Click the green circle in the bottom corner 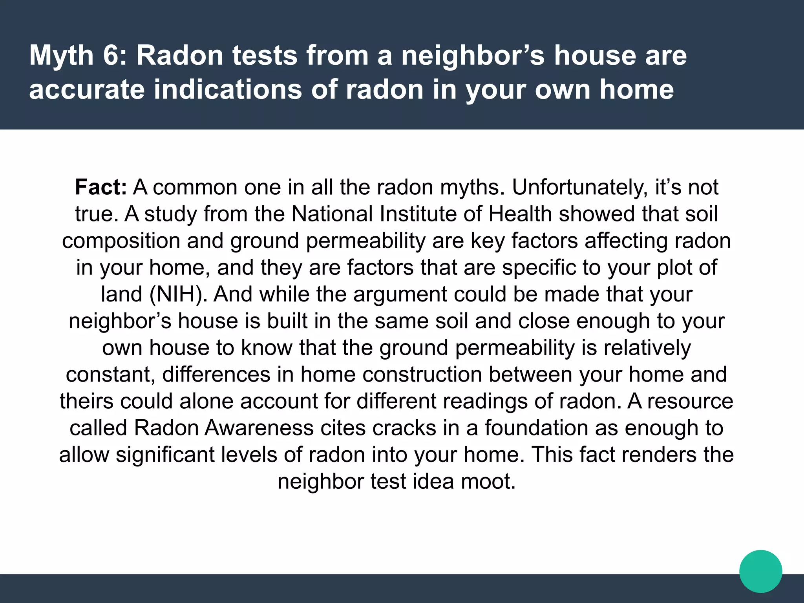tap(760, 571)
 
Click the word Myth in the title tap(61, 56)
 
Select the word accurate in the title tap(87, 90)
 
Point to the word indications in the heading tap(229, 90)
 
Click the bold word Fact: tap(101, 187)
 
